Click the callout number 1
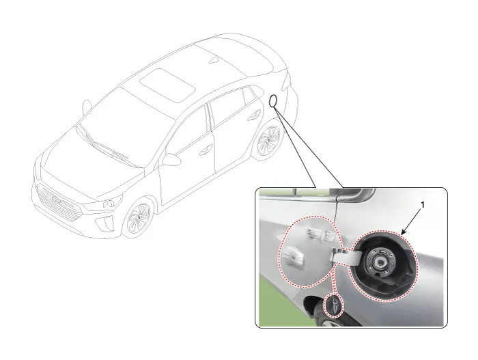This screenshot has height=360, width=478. click(x=422, y=205)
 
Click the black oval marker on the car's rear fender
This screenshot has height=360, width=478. click(x=273, y=101)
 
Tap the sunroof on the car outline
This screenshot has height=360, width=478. click(x=167, y=85)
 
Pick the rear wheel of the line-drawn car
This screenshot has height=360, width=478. click(x=269, y=141)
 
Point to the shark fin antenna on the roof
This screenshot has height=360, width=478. click(x=214, y=60)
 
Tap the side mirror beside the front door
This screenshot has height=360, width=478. click(x=172, y=159)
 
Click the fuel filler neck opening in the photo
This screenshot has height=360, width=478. click(x=381, y=261)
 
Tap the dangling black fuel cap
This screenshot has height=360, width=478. click(x=335, y=305)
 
